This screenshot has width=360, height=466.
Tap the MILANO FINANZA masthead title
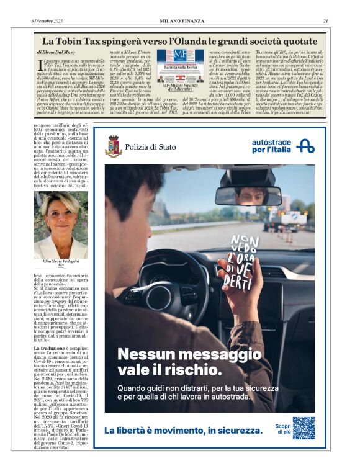(x=181, y=21)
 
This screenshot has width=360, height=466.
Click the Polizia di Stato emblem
(x=113, y=146)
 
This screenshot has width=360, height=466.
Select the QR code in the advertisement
(x=304, y=428)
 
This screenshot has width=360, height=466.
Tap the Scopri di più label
(x=282, y=429)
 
